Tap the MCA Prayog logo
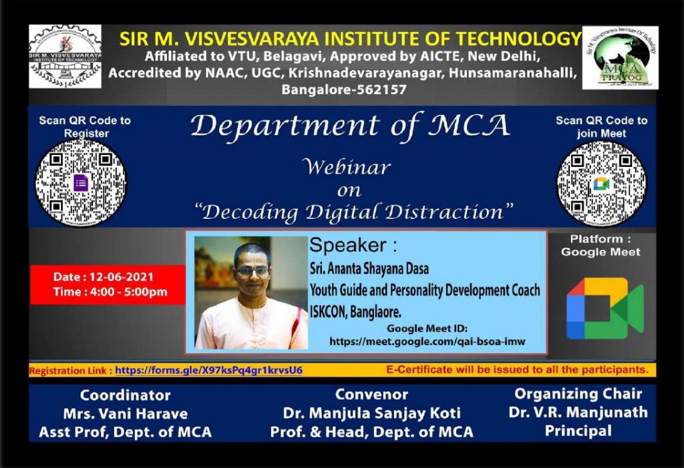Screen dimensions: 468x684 [x=620, y=58]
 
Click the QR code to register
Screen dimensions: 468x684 [x=81, y=183]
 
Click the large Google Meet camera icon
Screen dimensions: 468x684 [x=605, y=308]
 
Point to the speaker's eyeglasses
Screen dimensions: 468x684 [x=252, y=272]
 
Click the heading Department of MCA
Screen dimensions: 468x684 [x=349, y=126]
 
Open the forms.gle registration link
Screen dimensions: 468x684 [x=208, y=370]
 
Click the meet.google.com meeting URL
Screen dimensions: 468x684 [x=427, y=341]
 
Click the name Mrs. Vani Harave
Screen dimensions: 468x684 [x=125, y=413]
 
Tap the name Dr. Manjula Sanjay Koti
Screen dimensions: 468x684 [x=371, y=413]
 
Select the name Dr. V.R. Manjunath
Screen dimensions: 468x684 [x=578, y=412]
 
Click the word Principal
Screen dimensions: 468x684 [x=578, y=431]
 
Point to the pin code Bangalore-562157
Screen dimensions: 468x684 [x=344, y=89]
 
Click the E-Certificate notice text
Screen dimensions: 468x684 [x=517, y=369]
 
